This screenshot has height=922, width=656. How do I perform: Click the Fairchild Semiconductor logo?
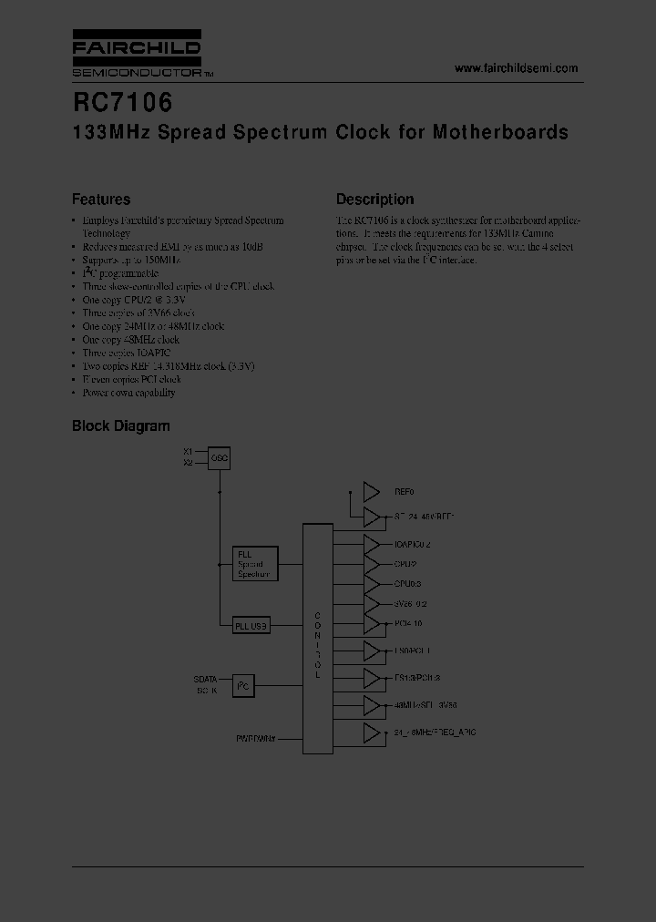138,55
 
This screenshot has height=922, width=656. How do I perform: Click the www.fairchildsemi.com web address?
516,68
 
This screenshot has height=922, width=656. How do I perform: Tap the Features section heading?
101,200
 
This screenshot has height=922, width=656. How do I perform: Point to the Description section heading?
374,200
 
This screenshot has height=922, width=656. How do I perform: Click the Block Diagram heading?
121,425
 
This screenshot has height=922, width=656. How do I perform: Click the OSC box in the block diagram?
219,457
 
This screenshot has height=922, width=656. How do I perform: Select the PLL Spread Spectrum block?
255,564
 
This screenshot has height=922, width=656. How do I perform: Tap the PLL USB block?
252,625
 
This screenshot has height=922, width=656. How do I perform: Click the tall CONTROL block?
317,638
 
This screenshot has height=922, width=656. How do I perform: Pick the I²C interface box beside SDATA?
242,685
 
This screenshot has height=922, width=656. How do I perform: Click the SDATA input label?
205,679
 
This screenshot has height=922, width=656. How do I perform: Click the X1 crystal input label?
188,452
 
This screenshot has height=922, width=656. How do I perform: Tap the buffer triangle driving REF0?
371,492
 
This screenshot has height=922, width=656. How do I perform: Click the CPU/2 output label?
406,564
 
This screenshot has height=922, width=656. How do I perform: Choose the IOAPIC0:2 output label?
413,544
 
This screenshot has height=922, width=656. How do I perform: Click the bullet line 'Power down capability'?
128,393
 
